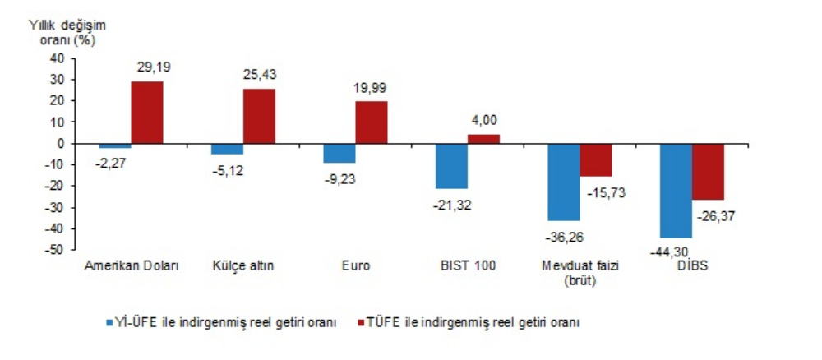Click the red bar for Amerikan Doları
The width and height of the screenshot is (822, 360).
click(x=147, y=112)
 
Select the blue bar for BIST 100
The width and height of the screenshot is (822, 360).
click(x=451, y=166)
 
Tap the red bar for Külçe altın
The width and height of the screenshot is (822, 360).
click(x=259, y=116)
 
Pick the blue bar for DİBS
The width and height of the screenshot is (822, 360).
click(x=676, y=191)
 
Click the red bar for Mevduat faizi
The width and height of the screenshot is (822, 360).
click(x=596, y=160)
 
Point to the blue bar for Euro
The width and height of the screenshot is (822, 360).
click(x=339, y=153)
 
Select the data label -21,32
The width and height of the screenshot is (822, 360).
click(x=451, y=203)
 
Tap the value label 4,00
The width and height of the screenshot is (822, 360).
click(x=483, y=120)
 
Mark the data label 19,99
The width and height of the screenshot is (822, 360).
click(x=372, y=88)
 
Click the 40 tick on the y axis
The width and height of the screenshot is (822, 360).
click(x=57, y=58)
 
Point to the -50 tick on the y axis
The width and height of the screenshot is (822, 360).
click(x=53, y=250)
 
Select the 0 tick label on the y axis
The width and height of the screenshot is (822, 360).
click(x=60, y=143)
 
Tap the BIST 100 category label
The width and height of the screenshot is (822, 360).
click(x=467, y=266)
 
